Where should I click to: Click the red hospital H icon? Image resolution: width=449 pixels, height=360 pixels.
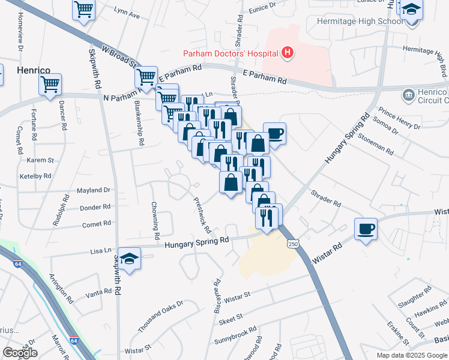[x=288, y=53]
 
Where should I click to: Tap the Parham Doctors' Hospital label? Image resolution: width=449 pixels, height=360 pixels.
[x=231, y=53]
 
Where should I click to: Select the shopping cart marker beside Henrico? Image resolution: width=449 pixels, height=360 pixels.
[x=50, y=84]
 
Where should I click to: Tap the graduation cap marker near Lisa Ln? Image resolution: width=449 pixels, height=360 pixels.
[x=129, y=258]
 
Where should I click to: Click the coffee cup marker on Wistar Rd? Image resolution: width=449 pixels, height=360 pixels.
[x=366, y=229]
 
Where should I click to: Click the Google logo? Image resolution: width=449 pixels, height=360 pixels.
[x=20, y=353]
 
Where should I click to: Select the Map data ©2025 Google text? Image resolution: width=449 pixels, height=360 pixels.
[x=412, y=355]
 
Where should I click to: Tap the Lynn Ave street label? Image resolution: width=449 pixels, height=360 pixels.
[x=126, y=13]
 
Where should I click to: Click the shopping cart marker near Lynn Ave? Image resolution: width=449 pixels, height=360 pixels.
[x=84, y=9]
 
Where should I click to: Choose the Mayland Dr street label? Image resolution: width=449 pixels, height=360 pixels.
[x=94, y=190]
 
